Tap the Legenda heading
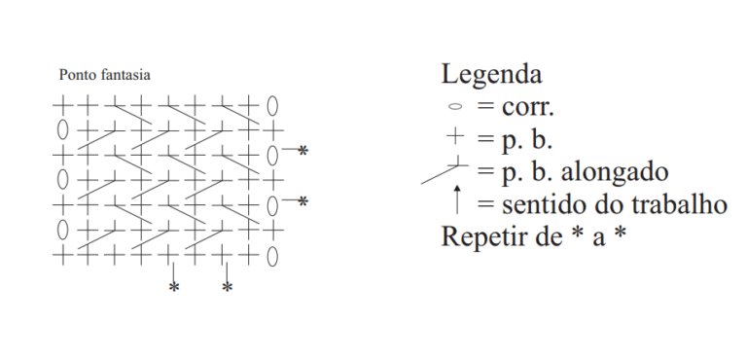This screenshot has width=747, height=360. click(491, 75)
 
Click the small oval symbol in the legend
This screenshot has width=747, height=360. click(455, 107)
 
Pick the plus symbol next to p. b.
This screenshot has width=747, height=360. click(455, 136)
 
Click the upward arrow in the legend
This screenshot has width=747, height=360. click(457, 199)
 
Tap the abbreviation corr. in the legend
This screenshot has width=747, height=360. click(528, 108)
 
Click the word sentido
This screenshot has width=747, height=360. click(543, 205)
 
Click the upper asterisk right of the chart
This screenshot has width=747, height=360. click(303, 151)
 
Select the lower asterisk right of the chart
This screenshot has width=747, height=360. click(303, 201)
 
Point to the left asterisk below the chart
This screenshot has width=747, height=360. click(174, 288)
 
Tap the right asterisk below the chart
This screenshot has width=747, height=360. click(228, 288)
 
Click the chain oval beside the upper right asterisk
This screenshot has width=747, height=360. click(272, 156)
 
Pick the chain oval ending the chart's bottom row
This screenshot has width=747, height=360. click(272, 257)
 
